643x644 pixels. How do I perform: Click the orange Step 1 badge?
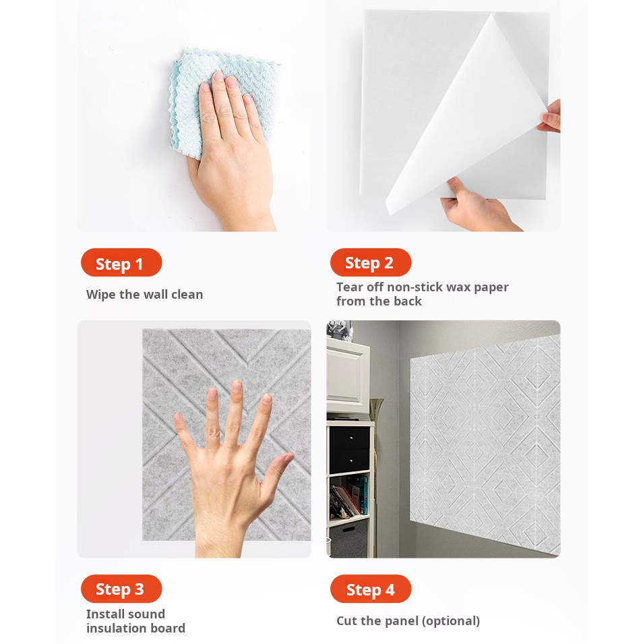coord(121,262)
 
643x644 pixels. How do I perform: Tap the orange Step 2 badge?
coord(371,262)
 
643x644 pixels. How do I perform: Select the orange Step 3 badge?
coord(121,589)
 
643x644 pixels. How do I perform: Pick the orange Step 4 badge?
coord(371,589)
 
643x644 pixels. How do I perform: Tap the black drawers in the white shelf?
coord(349,450)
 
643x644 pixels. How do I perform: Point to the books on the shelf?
coord(349,496)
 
